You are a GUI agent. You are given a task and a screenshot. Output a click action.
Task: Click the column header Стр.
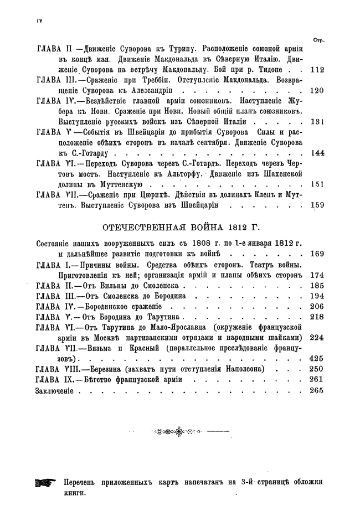(318, 40)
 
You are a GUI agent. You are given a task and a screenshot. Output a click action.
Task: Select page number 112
(317, 70)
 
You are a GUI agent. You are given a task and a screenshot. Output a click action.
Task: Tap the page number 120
(317, 90)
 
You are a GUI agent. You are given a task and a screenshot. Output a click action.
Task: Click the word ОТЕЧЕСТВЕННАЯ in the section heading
(141, 227)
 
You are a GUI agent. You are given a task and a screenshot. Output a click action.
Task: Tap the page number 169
(317, 254)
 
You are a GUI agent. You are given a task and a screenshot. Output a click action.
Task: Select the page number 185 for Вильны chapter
(317, 286)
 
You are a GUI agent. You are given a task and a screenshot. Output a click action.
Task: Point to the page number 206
(317, 306)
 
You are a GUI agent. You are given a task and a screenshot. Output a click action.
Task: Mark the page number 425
(317, 359)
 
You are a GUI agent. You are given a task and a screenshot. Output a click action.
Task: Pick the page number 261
(317, 380)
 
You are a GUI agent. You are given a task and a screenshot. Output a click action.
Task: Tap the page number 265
(317, 390)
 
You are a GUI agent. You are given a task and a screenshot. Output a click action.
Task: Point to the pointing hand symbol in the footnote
(45, 483)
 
